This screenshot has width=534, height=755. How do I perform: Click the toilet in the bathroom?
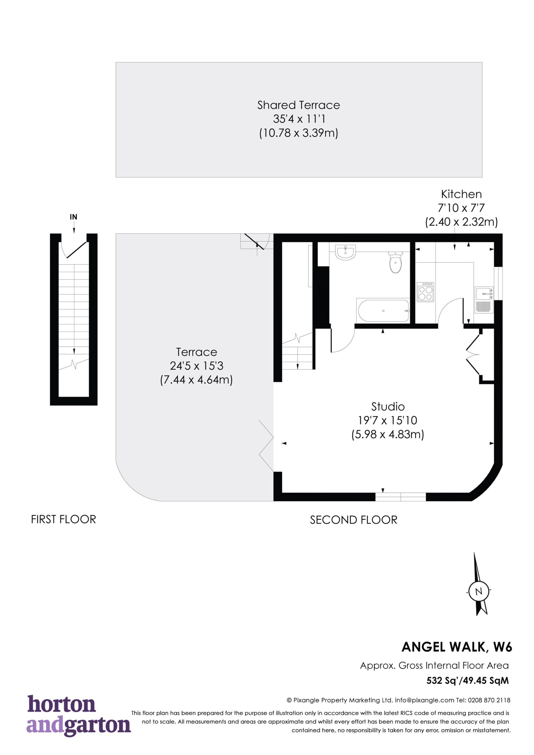tap(395, 262)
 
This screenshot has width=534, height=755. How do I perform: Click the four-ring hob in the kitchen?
tap(425, 292)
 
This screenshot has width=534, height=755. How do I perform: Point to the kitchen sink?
tap(484, 300)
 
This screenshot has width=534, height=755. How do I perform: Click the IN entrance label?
tap(73, 217)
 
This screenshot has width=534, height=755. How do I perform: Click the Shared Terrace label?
tap(299, 105)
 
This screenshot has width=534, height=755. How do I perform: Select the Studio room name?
tap(388, 407)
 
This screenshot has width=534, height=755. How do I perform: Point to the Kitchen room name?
tap(461, 194)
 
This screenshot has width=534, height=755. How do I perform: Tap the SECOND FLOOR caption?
tap(354, 520)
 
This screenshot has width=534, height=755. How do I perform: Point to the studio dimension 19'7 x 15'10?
tap(388, 420)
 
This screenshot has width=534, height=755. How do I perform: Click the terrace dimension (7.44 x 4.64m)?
tap(196, 380)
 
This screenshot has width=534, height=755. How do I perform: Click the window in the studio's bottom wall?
tap(401, 498)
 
